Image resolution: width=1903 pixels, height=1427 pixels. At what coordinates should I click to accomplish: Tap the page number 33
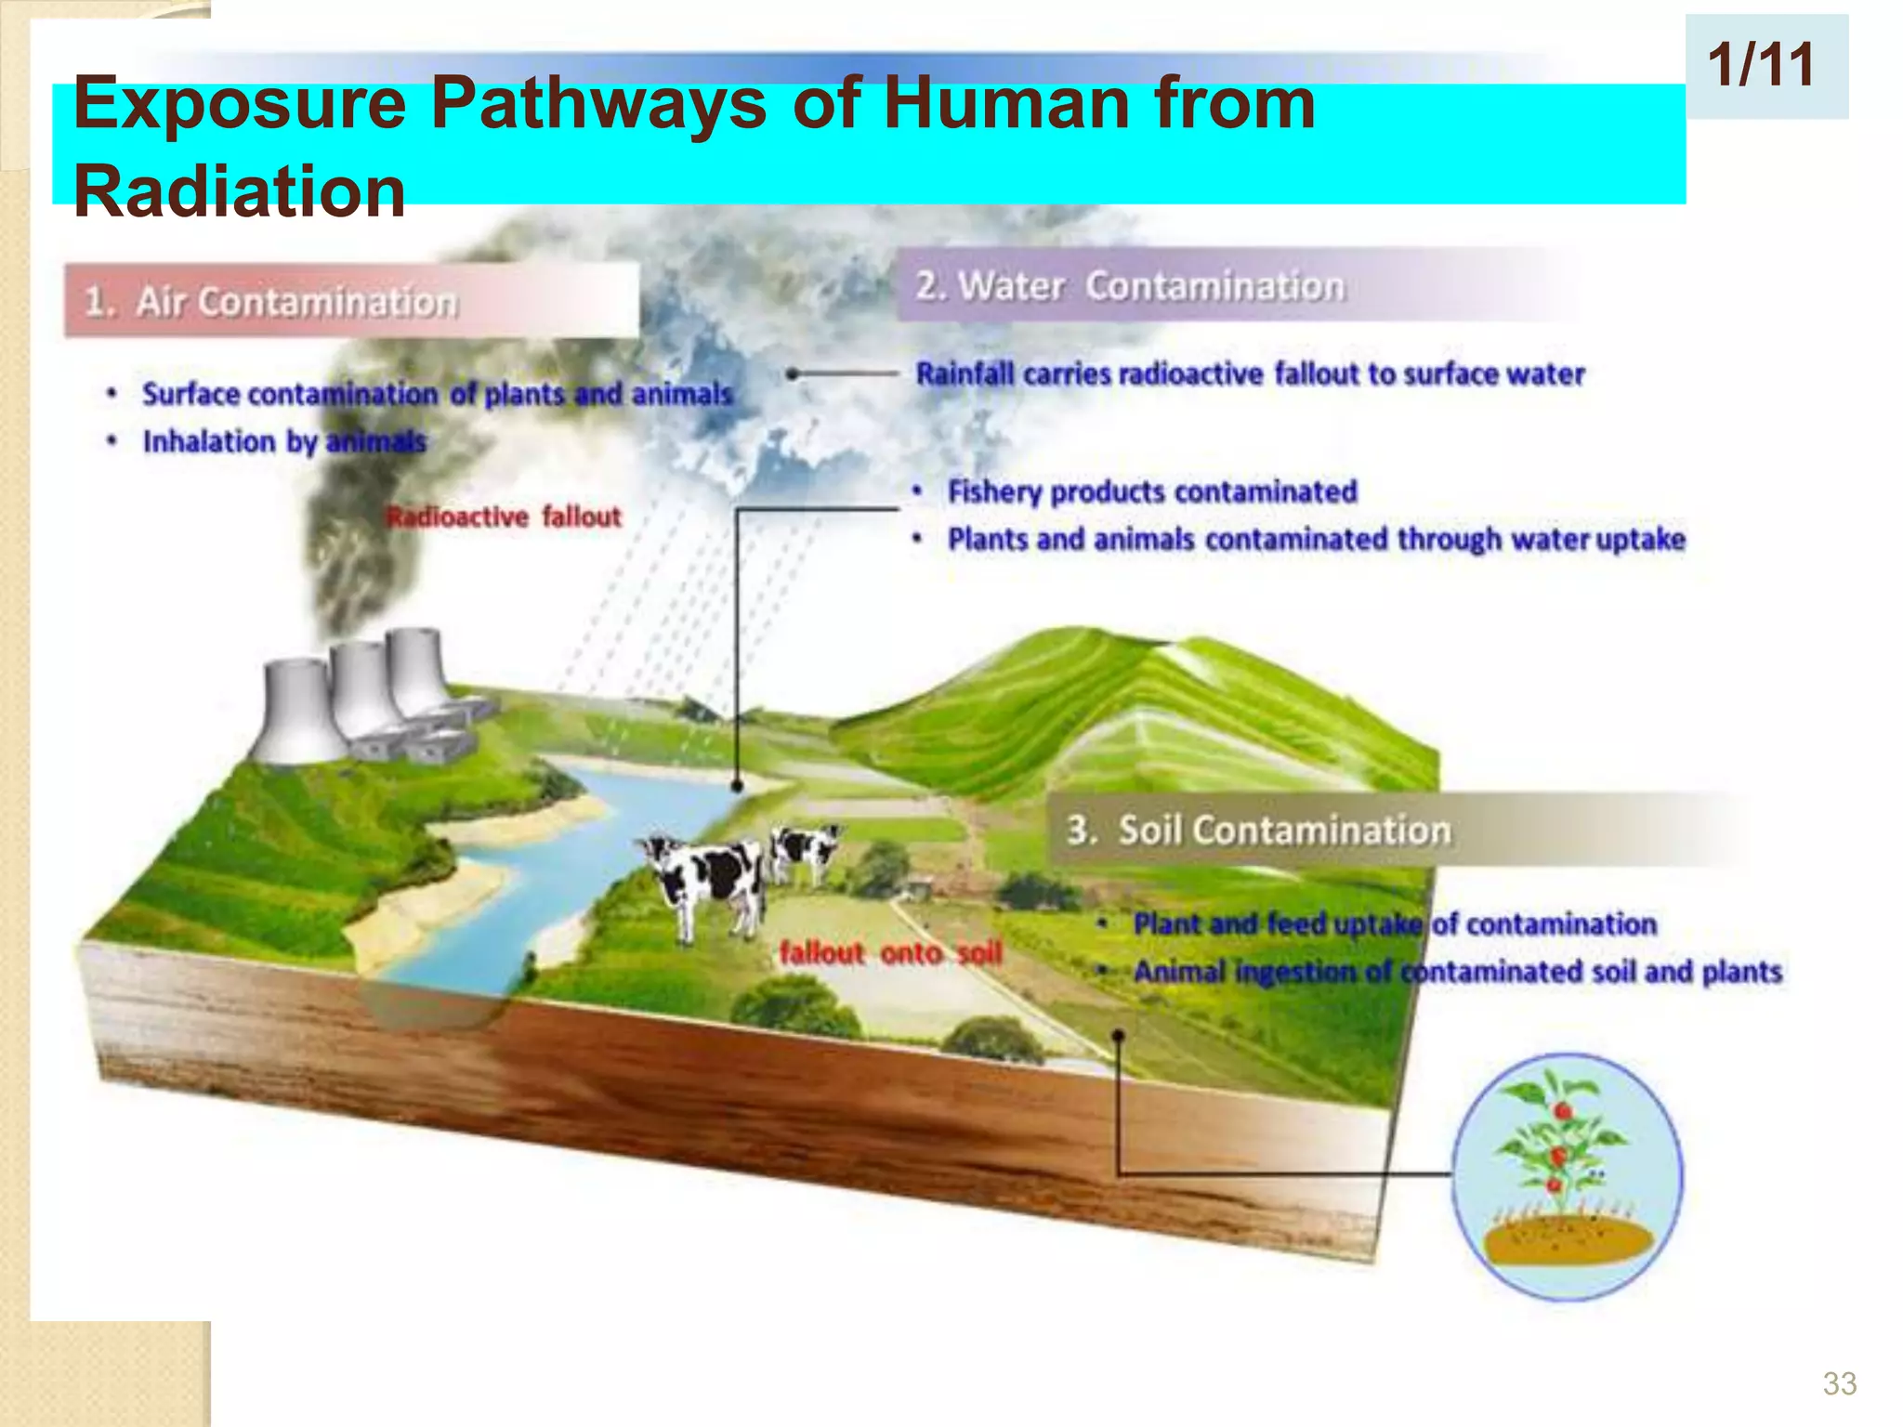click(x=1839, y=1383)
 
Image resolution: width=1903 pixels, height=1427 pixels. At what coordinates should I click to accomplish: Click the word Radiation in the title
click(x=240, y=191)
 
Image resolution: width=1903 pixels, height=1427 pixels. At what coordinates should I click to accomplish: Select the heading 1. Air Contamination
click(x=271, y=302)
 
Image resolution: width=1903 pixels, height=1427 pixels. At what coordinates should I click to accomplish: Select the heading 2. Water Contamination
click(x=1130, y=285)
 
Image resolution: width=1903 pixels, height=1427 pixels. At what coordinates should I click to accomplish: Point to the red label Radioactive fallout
click(x=504, y=517)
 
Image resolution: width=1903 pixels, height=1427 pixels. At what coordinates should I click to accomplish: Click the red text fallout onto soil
click(x=890, y=952)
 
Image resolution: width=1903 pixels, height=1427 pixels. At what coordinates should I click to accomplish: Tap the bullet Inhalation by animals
click(x=284, y=441)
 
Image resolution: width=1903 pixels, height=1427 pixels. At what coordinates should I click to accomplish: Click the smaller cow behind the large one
click(x=806, y=850)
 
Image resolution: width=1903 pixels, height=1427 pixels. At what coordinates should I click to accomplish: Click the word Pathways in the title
click(x=598, y=104)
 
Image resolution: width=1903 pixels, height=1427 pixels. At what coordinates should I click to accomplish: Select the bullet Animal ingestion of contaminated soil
click(x=1457, y=972)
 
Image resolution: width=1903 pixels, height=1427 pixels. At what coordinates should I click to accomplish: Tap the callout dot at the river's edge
click(x=737, y=786)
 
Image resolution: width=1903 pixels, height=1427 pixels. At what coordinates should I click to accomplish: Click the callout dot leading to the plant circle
click(x=1119, y=1035)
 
